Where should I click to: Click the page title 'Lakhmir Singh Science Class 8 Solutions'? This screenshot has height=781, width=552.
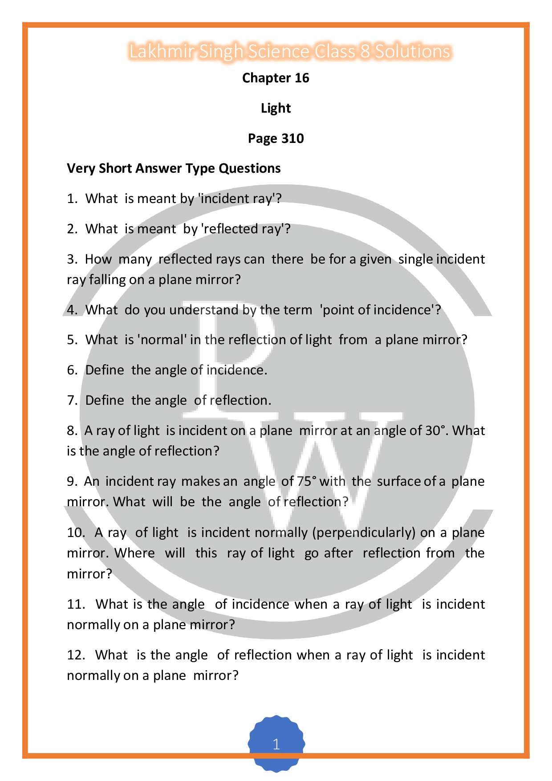click(x=290, y=52)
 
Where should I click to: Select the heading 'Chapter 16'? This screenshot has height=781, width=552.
click(x=276, y=78)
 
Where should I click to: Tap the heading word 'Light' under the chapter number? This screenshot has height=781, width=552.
click(x=276, y=108)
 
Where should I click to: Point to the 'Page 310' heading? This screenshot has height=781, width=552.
click(x=276, y=138)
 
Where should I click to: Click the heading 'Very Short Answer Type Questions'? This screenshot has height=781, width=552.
click(x=174, y=168)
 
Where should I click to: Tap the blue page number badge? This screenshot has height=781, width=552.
click(x=276, y=744)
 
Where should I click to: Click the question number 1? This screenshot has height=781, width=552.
click(x=72, y=199)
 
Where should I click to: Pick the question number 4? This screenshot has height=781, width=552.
click(x=72, y=310)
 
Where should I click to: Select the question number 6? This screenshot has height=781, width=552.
click(x=72, y=370)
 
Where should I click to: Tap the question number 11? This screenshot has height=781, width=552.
click(x=76, y=604)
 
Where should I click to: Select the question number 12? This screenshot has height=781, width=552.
click(x=76, y=655)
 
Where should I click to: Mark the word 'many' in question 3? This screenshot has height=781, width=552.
click(x=135, y=259)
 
